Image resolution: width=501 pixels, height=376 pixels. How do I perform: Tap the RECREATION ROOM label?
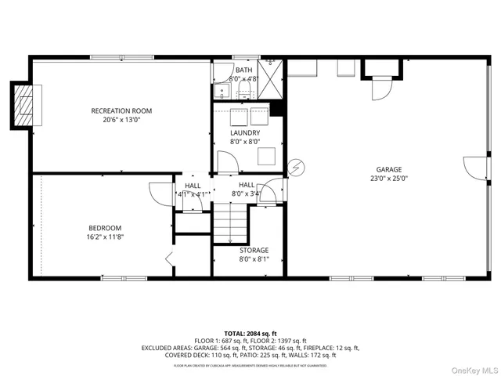click(121, 110)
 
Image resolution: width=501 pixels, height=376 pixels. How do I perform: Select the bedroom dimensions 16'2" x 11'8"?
click(105, 237)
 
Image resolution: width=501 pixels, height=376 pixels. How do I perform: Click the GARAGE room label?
click(388, 168)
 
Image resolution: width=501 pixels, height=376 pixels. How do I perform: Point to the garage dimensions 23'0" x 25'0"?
click(388, 178)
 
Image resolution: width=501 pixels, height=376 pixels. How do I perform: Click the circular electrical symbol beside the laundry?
click(295, 166)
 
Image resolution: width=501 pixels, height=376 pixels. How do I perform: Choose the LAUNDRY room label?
click(245, 132)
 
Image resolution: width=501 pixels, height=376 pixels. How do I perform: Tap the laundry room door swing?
click(225, 162)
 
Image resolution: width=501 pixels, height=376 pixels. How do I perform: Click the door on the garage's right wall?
click(472, 168)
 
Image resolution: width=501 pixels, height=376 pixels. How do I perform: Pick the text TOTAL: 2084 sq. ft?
click(250, 334)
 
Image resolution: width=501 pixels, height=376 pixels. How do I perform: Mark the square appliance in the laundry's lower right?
click(268, 155)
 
